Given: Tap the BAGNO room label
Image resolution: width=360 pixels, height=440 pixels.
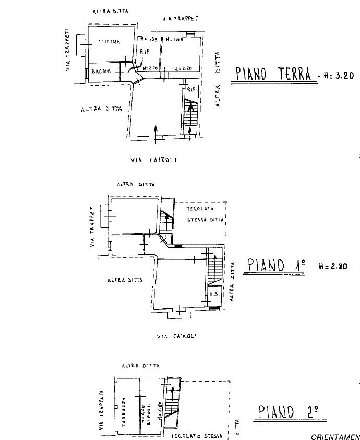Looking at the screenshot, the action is (100, 72).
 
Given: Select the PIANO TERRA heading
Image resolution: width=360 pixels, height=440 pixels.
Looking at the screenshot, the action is (273, 75).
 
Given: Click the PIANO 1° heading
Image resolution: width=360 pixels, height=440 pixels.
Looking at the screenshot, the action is (276, 266).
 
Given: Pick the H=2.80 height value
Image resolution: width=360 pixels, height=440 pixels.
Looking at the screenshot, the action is (332, 266).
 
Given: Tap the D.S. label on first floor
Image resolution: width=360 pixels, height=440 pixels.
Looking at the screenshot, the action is (213, 295).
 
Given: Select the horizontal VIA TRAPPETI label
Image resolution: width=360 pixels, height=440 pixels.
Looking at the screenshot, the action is (182, 19).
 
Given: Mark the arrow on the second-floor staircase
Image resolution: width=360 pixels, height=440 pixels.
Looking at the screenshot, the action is (171, 393).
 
